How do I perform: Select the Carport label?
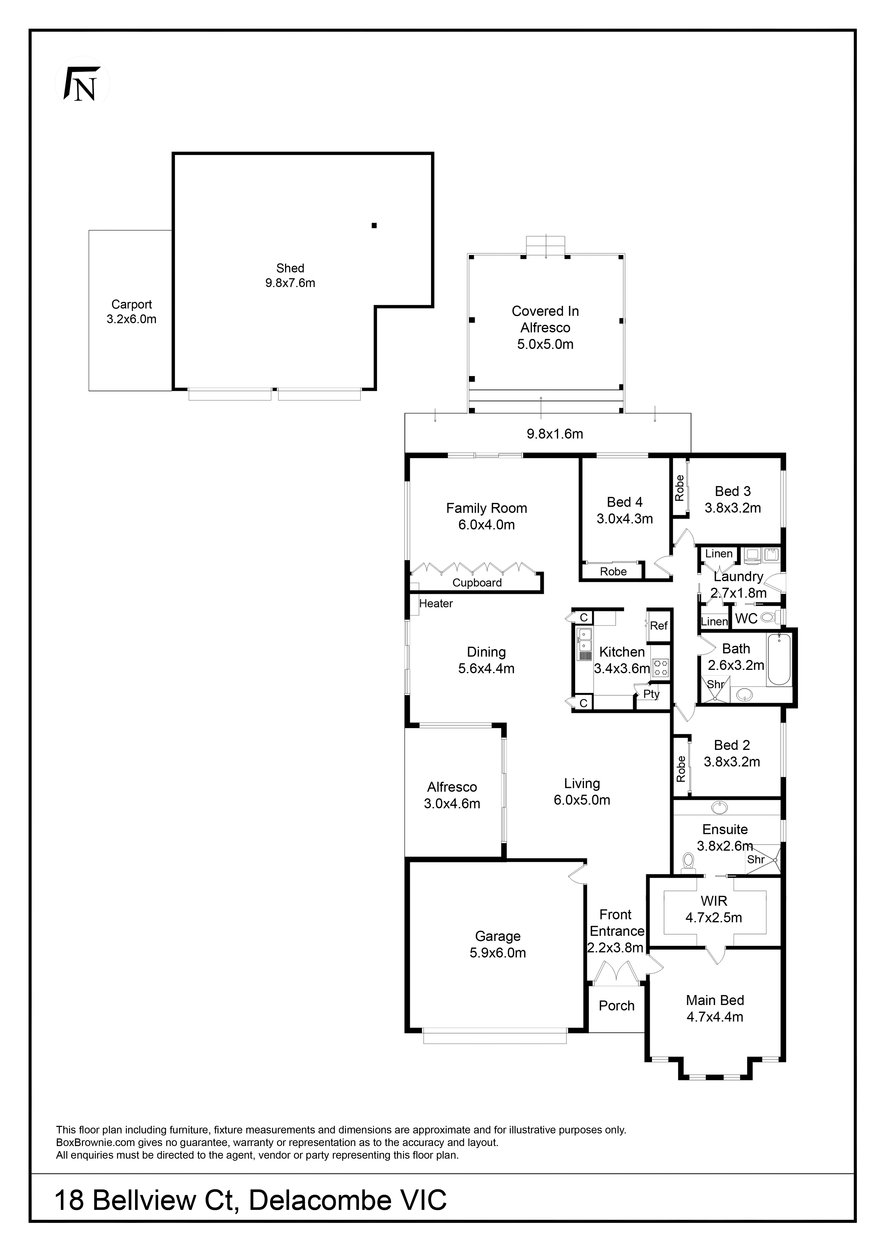point(131,312)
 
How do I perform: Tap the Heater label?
point(436,604)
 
